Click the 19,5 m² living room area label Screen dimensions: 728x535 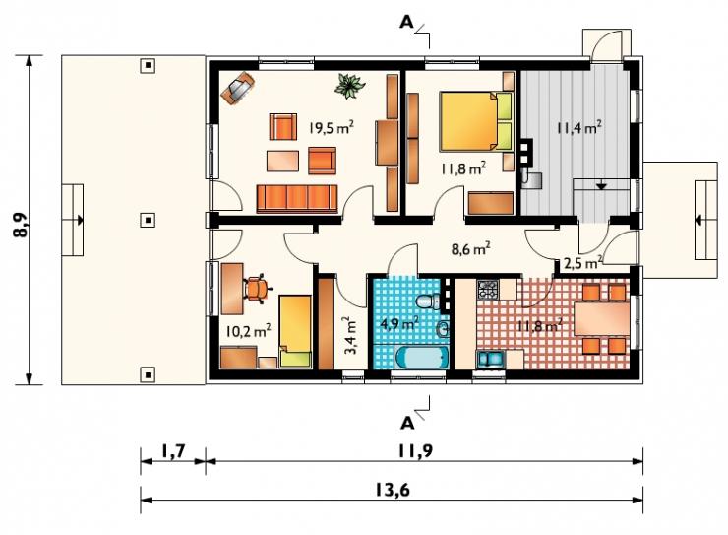[332, 127]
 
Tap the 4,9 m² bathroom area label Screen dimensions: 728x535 [399, 322]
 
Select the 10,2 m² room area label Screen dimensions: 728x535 [248, 331]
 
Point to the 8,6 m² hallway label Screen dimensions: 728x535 [471, 249]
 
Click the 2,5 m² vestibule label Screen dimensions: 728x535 [583, 263]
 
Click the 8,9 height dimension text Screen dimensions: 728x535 [21, 226]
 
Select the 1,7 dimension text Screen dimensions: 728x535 [173, 450]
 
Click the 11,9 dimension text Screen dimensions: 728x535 [414, 450]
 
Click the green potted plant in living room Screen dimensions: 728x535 [349, 86]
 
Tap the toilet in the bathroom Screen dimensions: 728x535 [429, 301]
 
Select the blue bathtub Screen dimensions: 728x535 [422, 358]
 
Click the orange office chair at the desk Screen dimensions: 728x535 [257, 289]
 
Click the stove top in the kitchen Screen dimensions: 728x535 [488, 290]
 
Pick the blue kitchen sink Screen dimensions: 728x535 [490, 360]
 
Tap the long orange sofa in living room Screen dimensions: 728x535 [297, 198]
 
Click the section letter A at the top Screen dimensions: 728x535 [406, 23]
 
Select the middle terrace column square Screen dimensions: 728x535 [148, 220]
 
